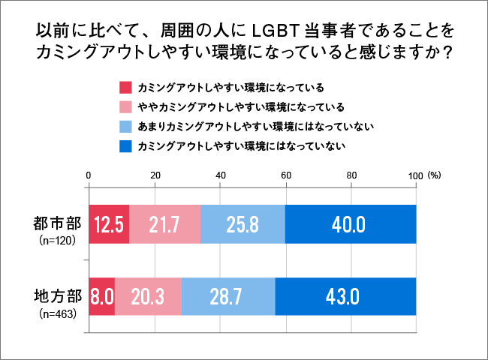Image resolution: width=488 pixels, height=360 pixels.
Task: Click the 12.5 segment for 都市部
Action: pyautogui.click(x=109, y=224)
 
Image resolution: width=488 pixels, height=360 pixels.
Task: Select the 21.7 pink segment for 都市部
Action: pyautogui.click(x=165, y=224)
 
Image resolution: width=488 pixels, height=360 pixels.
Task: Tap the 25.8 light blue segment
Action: pyautogui.click(x=243, y=224)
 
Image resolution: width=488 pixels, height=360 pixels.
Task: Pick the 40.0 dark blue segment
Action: pyautogui.click(x=351, y=224)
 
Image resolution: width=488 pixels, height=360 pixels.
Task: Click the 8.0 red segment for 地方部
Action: pyautogui.click(x=101, y=296)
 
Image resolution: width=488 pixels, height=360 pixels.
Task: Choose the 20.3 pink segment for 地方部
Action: pyautogui.click(x=148, y=296)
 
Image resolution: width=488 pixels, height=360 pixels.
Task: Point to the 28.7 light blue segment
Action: pyautogui.click(x=228, y=296)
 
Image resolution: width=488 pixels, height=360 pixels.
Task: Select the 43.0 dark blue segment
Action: pyautogui.click(x=345, y=296)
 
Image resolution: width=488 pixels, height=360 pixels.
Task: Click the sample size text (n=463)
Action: pyautogui.click(x=57, y=313)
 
